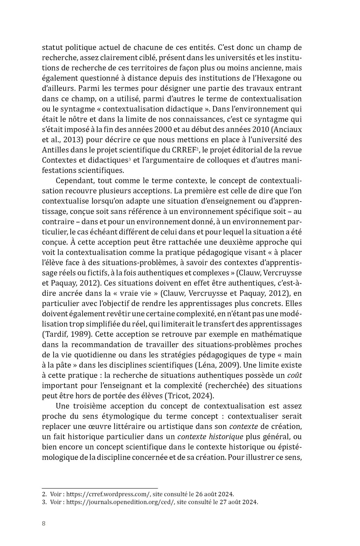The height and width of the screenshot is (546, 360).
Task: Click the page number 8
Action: point(44,524)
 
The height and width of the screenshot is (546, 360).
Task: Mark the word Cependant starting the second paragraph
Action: point(75,181)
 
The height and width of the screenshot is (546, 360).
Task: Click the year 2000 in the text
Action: point(164,129)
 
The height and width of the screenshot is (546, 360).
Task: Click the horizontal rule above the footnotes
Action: point(100,488)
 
